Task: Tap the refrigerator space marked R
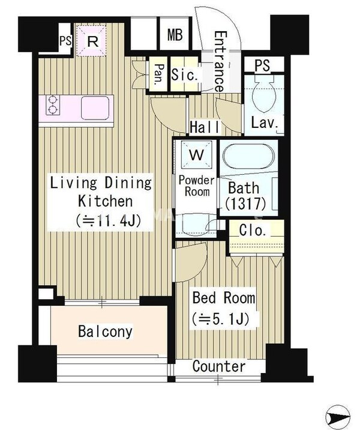coord(92,41)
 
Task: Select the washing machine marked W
coord(197,155)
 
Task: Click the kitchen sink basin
coord(95,108)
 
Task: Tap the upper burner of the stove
coord(53,99)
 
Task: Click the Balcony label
coord(105,332)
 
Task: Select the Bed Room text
coord(224,298)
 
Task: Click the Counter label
coord(218,366)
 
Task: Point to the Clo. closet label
coord(253,231)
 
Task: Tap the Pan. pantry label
coord(159,74)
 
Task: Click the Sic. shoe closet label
coord(184,74)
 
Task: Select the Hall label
coord(205,127)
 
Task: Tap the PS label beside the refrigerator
coord(65,41)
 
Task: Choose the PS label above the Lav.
coord(262,65)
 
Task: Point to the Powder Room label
coord(196,186)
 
